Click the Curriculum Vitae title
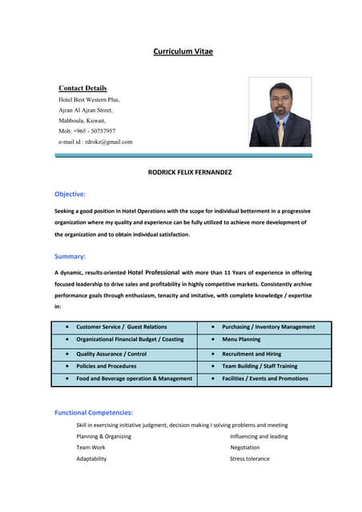tap(183, 52)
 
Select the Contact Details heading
tap(82, 88)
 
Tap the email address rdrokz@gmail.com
tap(95, 142)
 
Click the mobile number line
tap(86, 131)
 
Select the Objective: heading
tap(70, 194)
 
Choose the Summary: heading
tap(70, 256)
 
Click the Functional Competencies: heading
tap(94, 413)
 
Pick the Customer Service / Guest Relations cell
tap(122, 327)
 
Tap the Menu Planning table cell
tap(241, 340)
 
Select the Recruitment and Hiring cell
tap(251, 354)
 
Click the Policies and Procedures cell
tap(107, 366)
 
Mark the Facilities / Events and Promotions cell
tap(265, 378)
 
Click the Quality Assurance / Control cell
tap(111, 354)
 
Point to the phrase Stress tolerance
tap(250, 459)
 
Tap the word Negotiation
tap(246, 448)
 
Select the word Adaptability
tap(91, 459)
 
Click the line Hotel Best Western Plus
tap(89, 100)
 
